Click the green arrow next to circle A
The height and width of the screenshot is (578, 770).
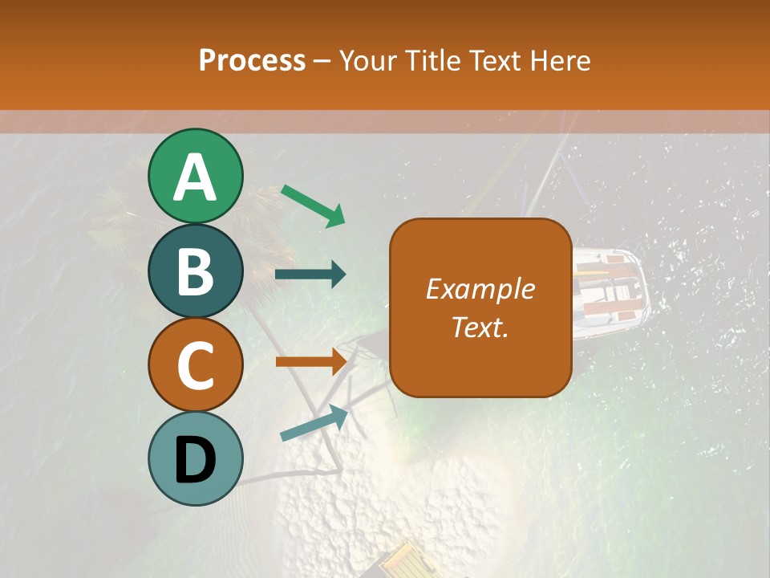tap(313, 205)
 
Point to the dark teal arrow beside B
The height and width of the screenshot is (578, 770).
tap(310, 275)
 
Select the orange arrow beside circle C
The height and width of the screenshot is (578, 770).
tap(310, 361)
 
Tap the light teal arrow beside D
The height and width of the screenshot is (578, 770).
tap(314, 423)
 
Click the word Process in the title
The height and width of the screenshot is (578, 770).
tap(252, 60)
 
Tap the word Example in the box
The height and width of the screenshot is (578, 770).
tap(480, 289)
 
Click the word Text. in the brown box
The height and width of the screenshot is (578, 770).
tap(480, 328)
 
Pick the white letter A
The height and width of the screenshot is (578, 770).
tap(196, 177)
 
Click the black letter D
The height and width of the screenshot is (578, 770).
tap(196, 460)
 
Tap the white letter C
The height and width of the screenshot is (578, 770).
tap(196, 366)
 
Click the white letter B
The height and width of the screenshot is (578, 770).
tap(196, 271)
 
